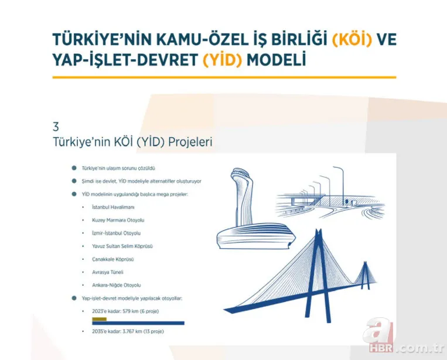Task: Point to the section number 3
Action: [56, 126]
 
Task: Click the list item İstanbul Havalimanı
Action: [114, 207]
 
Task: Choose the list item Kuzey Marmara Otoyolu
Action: [118, 220]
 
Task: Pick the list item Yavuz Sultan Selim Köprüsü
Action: [122, 246]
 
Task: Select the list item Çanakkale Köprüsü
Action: [113, 259]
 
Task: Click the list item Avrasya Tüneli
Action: [108, 272]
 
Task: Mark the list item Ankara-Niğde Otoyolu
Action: [117, 284]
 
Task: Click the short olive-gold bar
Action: [99, 319]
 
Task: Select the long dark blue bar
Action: [138, 323]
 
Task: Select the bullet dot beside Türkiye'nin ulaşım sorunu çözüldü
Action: [74, 168]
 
